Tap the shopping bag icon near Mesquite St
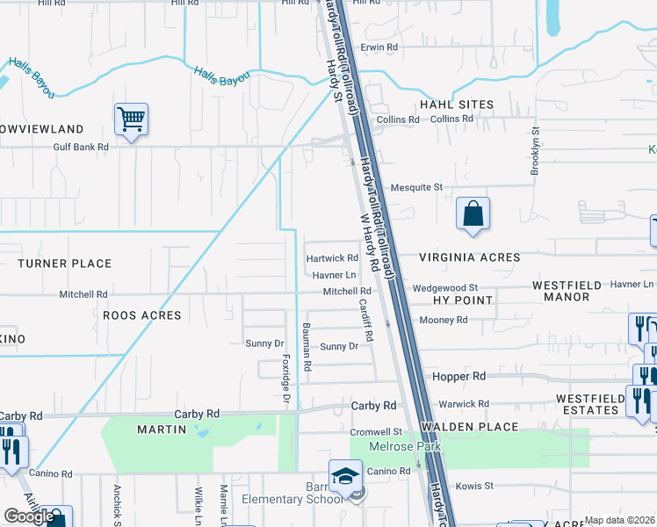click(x=473, y=213)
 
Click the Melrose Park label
click(x=398, y=447)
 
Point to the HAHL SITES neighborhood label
click(x=457, y=105)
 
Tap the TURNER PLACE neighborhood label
click(x=64, y=263)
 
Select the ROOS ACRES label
click(x=142, y=315)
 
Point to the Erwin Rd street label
click(x=379, y=47)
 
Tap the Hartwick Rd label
click(x=332, y=258)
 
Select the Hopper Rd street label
click(x=459, y=376)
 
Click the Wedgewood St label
click(x=444, y=287)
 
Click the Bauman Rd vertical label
click(x=307, y=347)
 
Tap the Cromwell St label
click(x=375, y=432)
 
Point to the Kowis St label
click(x=474, y=485)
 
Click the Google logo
click(x=29, y=517)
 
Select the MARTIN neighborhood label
click(x=162, y=430)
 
